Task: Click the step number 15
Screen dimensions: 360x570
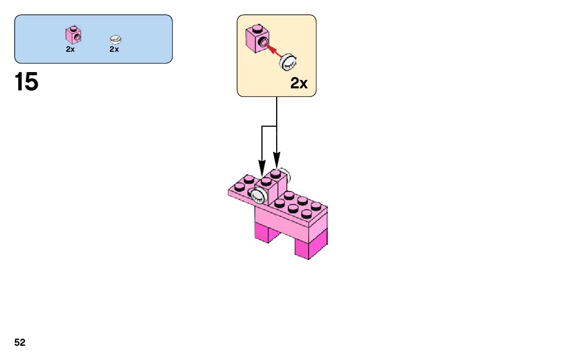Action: [26, 82]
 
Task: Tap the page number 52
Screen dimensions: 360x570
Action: [20, 343]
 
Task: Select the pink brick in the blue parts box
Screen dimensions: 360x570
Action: [74, 35]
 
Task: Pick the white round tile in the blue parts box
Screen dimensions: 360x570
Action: [116, 39]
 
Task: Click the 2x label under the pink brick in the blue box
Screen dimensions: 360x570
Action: [71, 49]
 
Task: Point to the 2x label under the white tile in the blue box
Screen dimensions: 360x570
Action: [114, 49]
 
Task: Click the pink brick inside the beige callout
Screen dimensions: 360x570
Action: [257, 39]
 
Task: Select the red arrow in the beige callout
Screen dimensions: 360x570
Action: [273, 50]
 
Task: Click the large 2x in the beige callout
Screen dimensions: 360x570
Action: [299, 83]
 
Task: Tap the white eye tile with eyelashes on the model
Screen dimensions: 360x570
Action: [259, 195]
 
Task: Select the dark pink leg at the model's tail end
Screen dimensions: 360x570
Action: [309, 248]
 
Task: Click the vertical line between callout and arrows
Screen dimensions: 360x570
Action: [277, 112]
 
